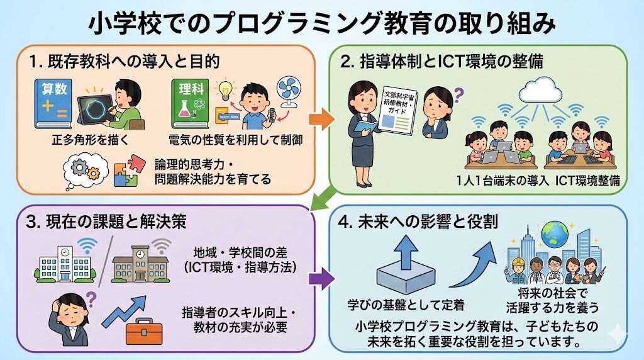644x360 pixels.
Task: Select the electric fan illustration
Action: click(296, 94)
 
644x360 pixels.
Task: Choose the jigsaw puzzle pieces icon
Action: click(126, 171)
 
